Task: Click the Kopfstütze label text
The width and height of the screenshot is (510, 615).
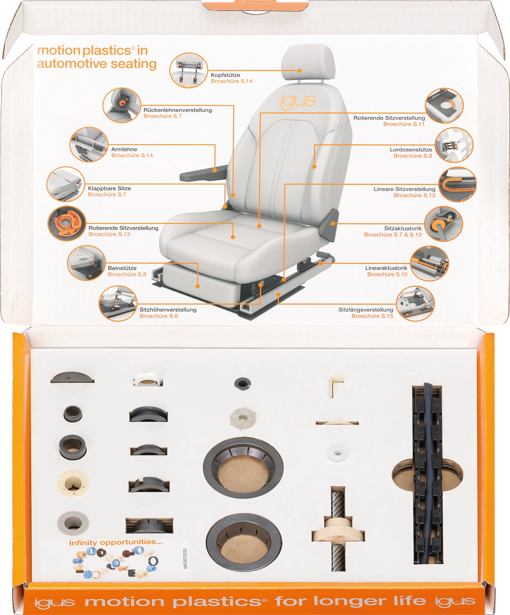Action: tap(225, 75)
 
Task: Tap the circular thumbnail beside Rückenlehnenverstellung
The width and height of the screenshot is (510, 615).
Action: tap(122, 105)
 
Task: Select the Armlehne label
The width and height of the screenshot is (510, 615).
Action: tap(124, 149)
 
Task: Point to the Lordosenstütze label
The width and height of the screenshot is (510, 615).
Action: tap(411, 150)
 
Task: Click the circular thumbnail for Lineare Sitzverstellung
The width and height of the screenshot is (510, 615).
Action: tap(457, 184)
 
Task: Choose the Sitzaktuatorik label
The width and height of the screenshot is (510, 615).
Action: tap(403, 228)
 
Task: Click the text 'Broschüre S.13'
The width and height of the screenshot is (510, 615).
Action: tap(109, 234)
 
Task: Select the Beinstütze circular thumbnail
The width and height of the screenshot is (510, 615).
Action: tap(87, 263)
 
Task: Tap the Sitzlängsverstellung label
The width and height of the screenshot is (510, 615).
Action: tap(366, 310)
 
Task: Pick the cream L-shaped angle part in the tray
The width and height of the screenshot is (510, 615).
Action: tap(336, 386)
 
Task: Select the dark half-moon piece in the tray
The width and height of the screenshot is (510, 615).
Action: tap(72, 377)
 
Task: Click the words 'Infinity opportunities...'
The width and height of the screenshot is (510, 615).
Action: tap(116, 542)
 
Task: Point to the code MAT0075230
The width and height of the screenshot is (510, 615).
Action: tap(185, 559)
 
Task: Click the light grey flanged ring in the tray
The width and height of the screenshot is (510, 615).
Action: tap(73, 523)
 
